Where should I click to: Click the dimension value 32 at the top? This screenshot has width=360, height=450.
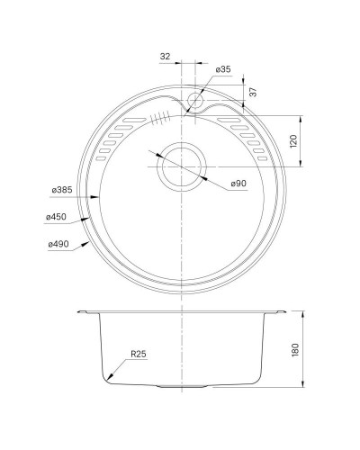point(166,57)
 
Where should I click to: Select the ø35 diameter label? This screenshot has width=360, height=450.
point(223,69)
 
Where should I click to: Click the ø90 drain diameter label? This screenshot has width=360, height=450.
point(238,184)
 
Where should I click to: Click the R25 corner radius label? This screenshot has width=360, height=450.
point(137,355)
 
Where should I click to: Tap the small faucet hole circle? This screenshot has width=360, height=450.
point(197,101)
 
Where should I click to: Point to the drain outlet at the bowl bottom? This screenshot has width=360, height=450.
point(182,387)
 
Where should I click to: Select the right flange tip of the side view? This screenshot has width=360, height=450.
point(284,311)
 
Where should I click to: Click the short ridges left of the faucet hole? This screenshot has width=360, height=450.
point(161,115)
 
